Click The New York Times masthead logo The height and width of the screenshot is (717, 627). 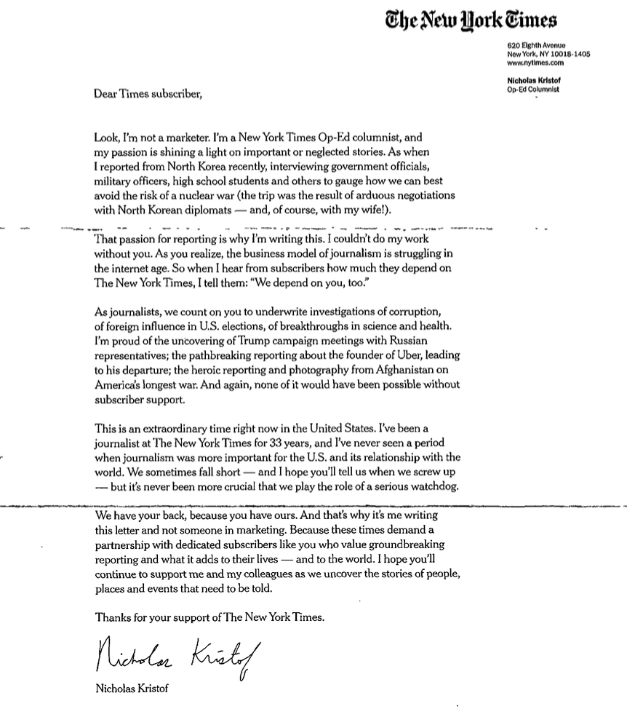[471, 20]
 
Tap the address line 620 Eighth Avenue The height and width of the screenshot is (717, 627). [537, 46]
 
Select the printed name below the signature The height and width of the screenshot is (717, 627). [132, 689]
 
